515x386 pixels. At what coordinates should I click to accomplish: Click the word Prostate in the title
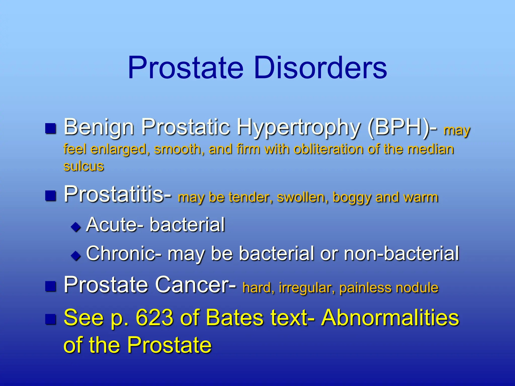(186, 68)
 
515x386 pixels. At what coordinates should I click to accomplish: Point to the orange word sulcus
(83, 166)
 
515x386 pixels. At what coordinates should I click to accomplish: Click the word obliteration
(328, 149)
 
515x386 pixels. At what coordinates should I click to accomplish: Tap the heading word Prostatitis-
(118, 194)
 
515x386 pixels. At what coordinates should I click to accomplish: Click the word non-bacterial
(401, 253)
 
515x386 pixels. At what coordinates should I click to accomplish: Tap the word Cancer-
(196, 285)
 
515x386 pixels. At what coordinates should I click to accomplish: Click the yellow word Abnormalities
(390, 318)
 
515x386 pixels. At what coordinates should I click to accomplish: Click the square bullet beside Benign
(51, 128)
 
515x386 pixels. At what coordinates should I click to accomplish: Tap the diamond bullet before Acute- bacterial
(76, 227)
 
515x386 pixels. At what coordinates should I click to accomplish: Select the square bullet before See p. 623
(51, 319)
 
